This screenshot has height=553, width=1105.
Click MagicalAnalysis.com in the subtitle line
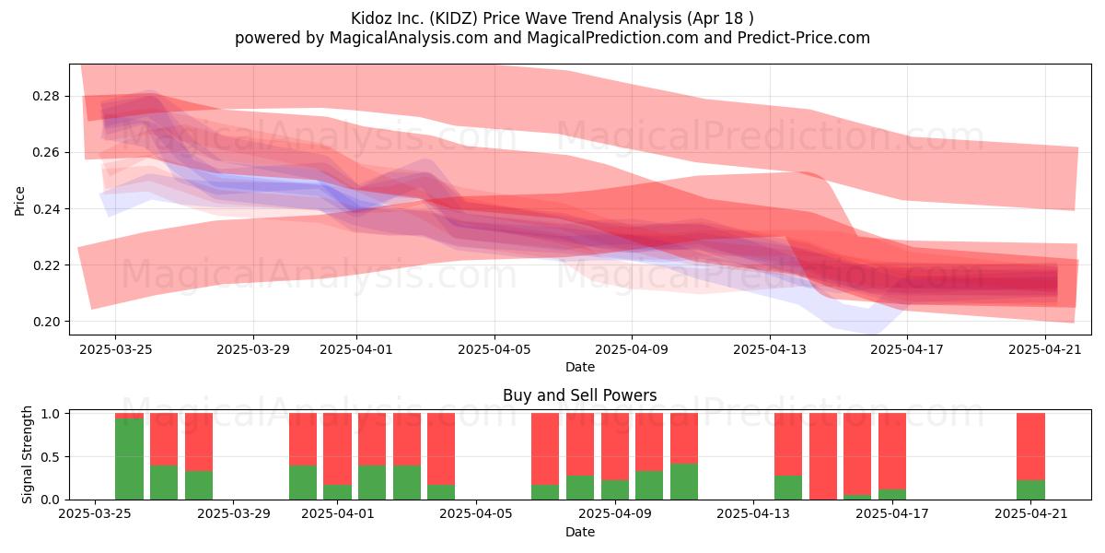point(409,38)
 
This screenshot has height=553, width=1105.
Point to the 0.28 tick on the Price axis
point(46,96)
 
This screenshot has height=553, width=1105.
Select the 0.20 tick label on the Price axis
point(46,322)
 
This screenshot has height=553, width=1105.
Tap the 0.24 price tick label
point(46,209)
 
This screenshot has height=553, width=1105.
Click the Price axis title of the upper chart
point(19,201)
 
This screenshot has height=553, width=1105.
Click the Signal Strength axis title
point(27,454)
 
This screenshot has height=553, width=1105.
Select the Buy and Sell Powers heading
point(579,395)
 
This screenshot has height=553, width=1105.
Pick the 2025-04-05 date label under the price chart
point(494,349)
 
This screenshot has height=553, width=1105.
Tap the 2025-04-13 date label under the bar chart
point(753,514)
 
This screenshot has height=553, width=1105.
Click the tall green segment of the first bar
point(129,459)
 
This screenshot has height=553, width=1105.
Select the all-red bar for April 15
point(823,456)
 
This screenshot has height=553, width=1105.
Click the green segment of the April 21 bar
point(1030,489)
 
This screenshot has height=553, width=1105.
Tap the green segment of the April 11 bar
point(683,481)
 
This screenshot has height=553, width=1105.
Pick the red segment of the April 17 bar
point(892,452)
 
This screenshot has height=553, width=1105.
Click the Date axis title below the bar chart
point(579,532)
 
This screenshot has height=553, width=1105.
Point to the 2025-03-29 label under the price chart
point(253,349)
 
